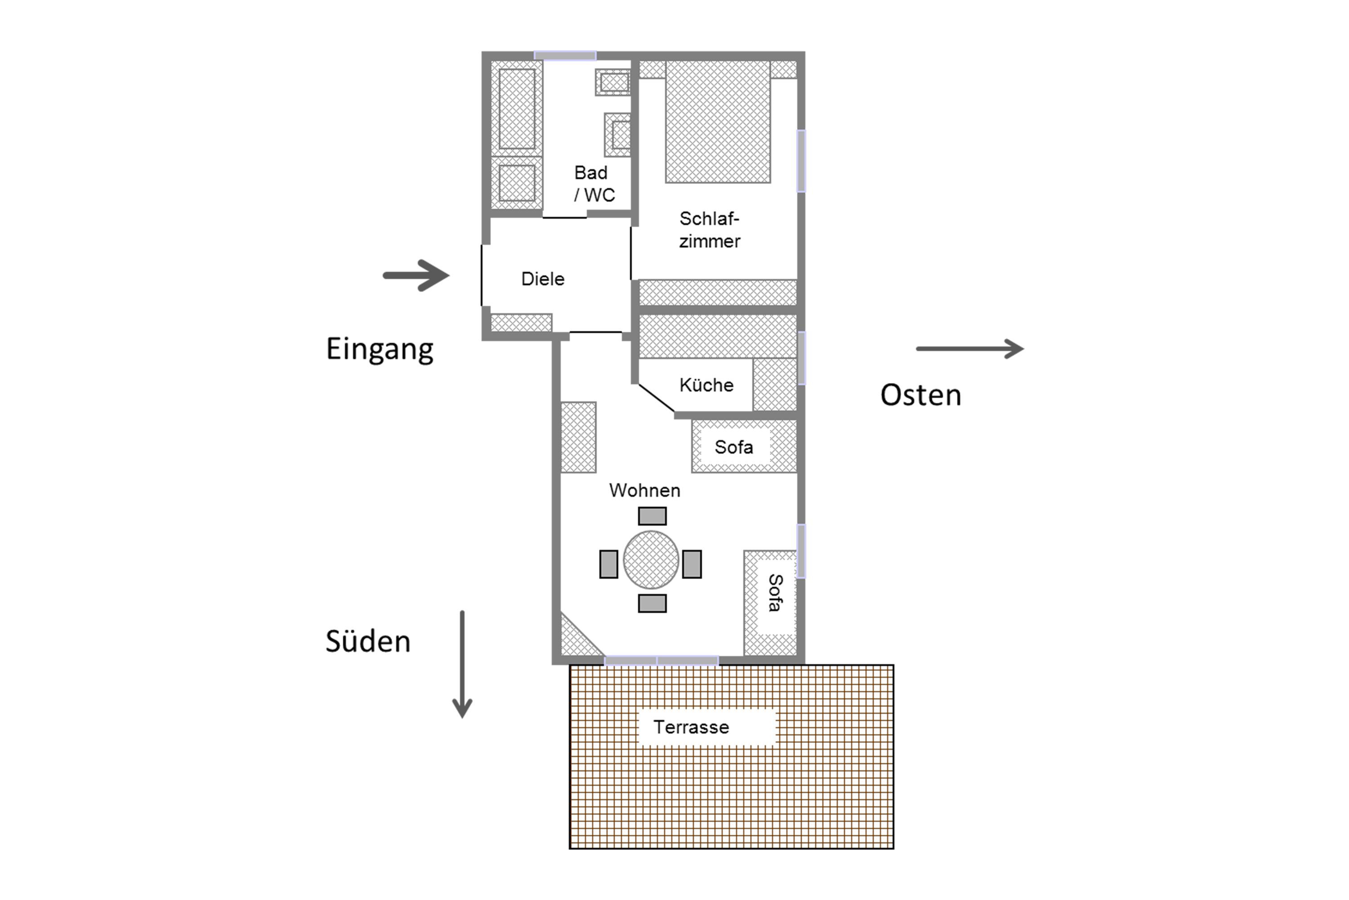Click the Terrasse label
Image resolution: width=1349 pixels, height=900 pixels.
click(x=691, y=727)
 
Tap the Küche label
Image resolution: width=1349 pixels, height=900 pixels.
click(x=706, y=385)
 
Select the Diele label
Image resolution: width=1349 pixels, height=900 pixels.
click(x=543, y=279)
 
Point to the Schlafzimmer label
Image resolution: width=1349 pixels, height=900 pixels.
click(x=710, y=229)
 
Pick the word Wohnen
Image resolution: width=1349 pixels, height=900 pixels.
click(x=645, y=490)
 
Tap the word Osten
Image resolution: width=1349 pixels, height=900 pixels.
click(x=920, y=395)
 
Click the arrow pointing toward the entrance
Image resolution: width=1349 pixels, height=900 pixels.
click(x=416, y=275)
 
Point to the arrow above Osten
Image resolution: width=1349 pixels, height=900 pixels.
click(x=970, y=348)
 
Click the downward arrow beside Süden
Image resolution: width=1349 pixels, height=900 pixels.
click(x=462, y=665)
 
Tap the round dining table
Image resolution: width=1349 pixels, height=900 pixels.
click(x=651, y=560)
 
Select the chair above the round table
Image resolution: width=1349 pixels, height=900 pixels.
click(x=652, y=516)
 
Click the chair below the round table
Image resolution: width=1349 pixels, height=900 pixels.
click(x=652, y=603)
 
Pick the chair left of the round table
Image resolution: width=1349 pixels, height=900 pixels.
click(x=608, y=564)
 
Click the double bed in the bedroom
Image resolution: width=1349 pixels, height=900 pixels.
click(x=718, y=121)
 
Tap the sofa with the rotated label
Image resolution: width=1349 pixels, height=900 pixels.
click(x=770, y=603)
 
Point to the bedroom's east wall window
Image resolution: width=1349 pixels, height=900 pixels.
click(x=801, y=161)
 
